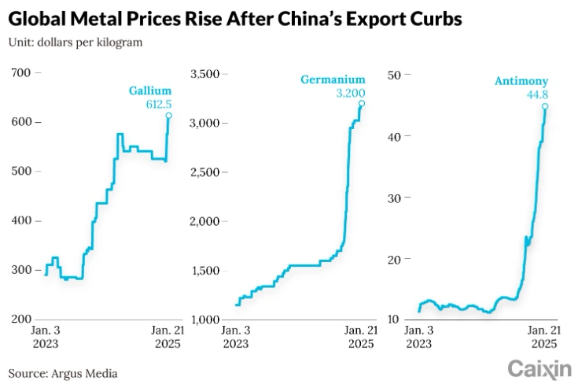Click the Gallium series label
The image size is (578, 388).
point(150,91)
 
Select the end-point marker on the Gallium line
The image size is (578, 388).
point(168,116)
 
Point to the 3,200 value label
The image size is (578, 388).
point(349,93)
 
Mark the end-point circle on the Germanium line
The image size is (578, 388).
point(362,103)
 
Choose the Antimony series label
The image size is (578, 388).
point(521,81)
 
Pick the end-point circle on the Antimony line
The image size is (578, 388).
point(545,107)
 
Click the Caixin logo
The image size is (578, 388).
point(538,368)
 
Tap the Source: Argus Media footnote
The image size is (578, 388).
point(63,372)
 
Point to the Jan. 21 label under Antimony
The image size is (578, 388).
point(544,331)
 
